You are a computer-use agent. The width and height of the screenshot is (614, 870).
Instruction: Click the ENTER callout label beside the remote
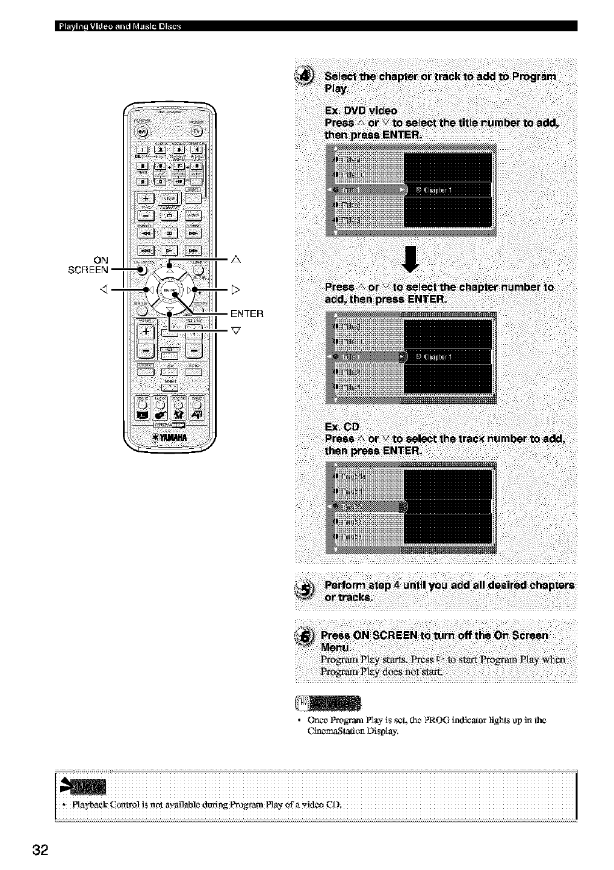tap(247, 313)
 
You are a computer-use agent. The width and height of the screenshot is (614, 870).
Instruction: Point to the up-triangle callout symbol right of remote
tap(236, 259)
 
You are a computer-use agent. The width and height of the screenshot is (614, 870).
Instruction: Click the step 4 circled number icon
tap(308, 76)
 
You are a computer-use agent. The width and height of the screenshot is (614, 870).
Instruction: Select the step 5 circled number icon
tap(308, 590)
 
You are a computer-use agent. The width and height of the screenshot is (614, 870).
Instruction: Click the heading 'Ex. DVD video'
tap(360, 111)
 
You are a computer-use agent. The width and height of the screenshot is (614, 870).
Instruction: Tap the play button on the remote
tap(170, 249)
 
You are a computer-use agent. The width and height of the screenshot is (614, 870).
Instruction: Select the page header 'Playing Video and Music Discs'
tap(118, 25)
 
